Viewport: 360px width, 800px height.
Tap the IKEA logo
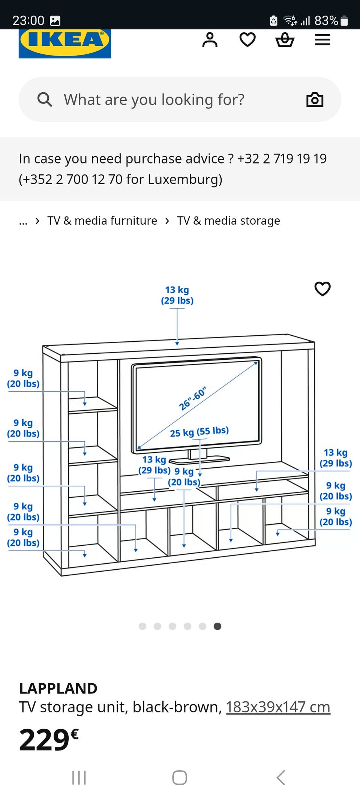(x=65, y=44)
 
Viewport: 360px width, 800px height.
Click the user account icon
(x=210, y=40)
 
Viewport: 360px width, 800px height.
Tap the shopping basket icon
(x=285, y=40)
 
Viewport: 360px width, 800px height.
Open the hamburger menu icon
(x=322, y=40)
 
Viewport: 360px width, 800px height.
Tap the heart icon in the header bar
(x=247, y=40)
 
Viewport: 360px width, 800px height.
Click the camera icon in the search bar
(x=315, y=100)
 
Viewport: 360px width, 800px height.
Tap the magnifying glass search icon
(x=45, y=100)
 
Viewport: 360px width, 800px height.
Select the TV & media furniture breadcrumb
(x=102, y=221)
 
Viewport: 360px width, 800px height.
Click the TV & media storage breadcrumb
(x=228, y=221)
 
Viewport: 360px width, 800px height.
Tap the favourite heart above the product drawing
(x=322, y=289)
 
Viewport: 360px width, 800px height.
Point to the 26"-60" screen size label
(x=192, y=398)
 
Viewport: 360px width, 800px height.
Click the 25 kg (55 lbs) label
(x=199, y=432)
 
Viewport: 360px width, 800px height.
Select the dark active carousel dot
(x=217, y=626)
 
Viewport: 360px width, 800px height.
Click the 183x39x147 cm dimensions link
(x=278, y=707)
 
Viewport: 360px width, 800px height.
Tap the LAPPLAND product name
(x=58, y=688)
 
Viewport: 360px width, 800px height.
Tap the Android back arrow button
(x=281, y=777)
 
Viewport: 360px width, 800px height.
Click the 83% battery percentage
(x=326, y=21)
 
